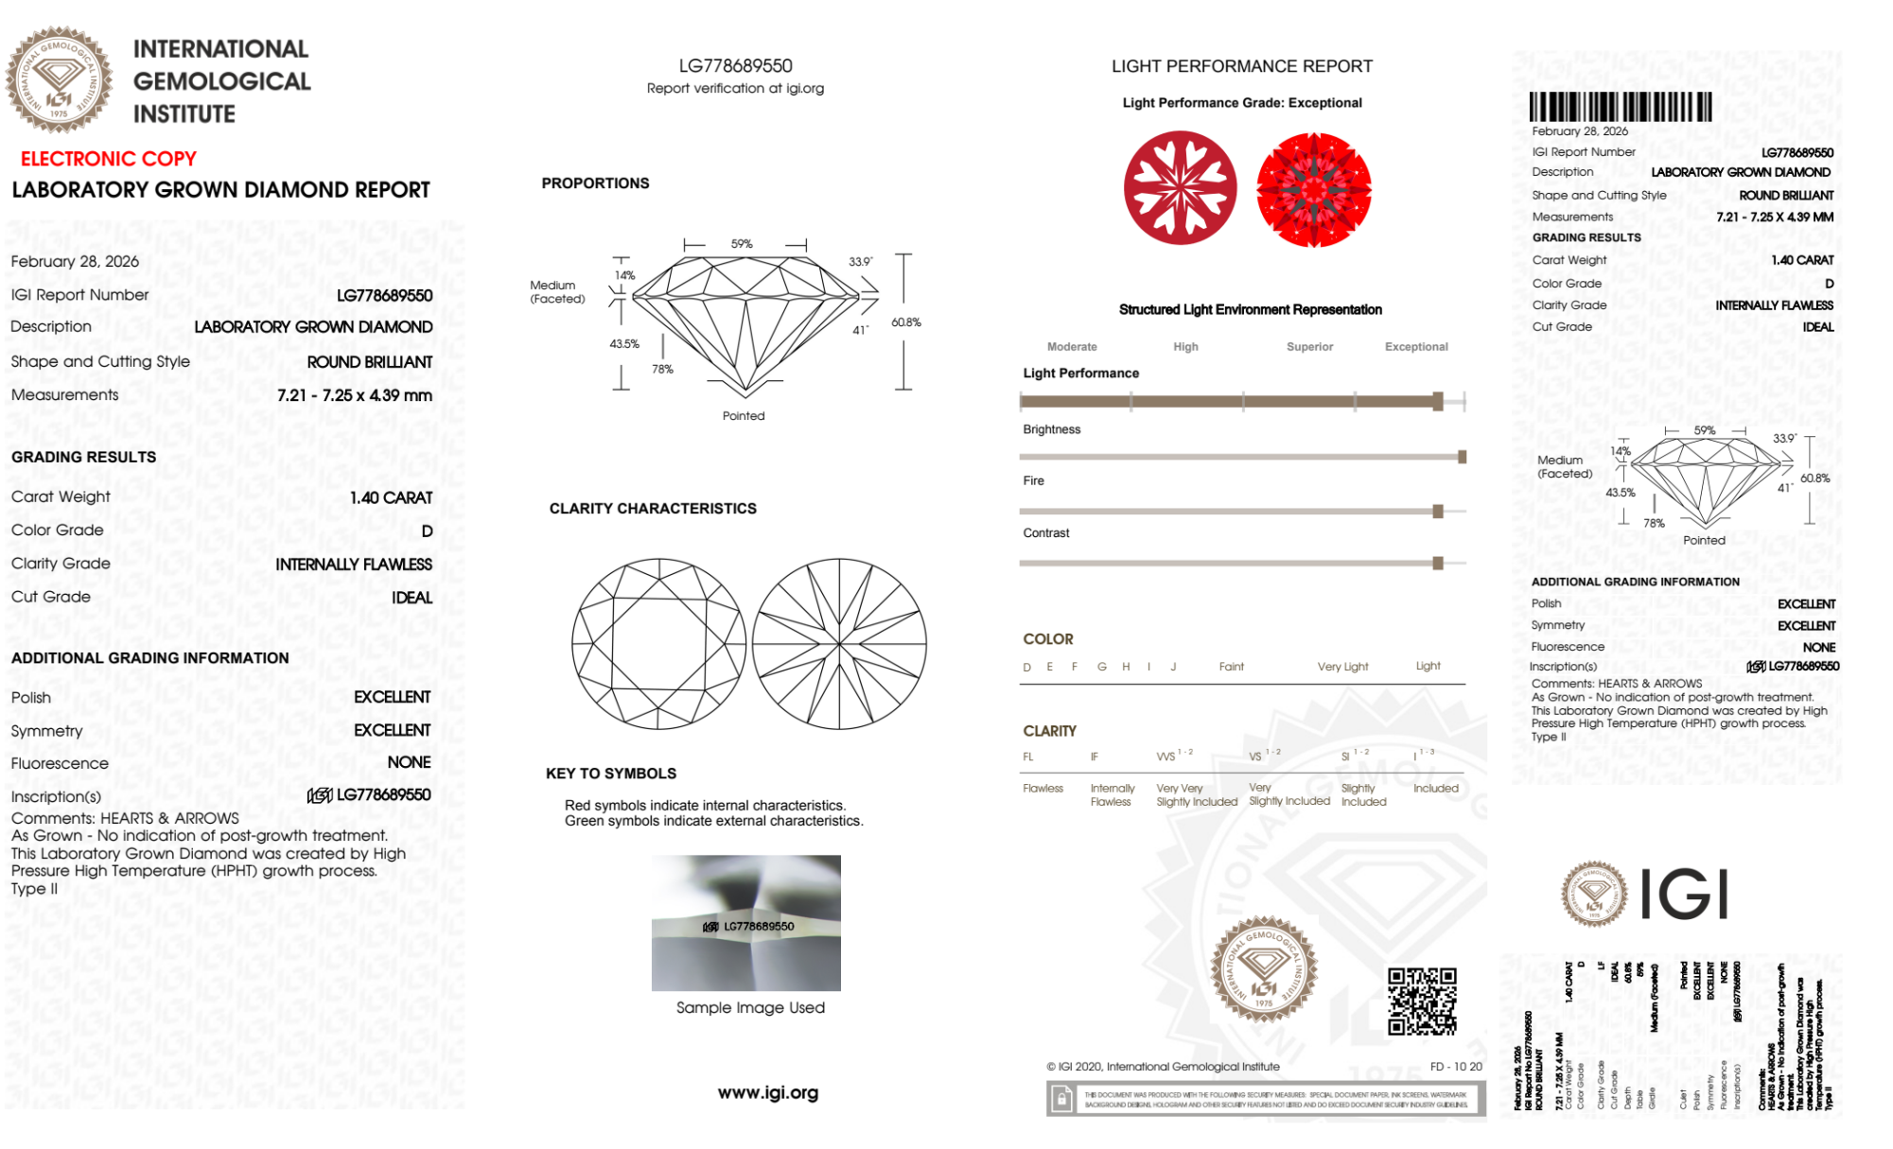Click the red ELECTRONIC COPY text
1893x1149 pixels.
[109, 159]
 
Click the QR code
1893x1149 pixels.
[1421, 1001]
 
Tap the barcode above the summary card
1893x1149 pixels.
[1620, 106]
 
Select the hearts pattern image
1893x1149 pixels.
[1180, 187]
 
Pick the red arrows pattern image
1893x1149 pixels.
[1313, 189]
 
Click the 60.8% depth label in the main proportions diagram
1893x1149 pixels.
[905, 322]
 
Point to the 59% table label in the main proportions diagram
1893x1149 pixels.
[742, 244]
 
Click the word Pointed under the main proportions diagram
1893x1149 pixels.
[744, 416]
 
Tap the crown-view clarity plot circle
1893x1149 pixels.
[658, 644]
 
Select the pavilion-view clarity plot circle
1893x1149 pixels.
[839, 644]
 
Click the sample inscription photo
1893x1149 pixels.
[745, 923]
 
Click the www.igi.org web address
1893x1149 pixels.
[768, 1093]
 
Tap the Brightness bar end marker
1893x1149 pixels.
[1462, 458]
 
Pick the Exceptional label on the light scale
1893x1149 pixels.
[1415, 347]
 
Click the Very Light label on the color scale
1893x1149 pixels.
[1342, 667]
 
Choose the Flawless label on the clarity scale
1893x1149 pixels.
[1043, 789]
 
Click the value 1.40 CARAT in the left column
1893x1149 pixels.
[391, 497]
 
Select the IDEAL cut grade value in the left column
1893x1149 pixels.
[412, 598]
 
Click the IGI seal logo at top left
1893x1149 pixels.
[59, 79]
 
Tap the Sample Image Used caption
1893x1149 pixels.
[750, 1008]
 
